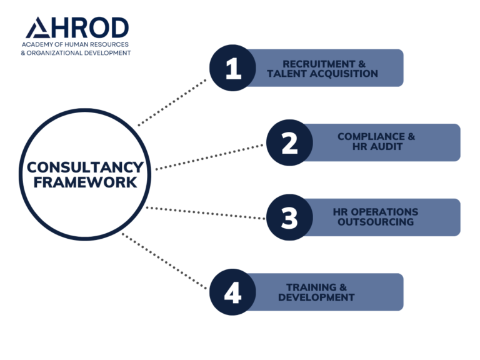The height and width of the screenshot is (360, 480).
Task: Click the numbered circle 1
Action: pos(232,68)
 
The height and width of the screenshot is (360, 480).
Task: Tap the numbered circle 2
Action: pos(289,142)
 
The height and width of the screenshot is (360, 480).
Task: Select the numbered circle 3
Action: pos(289,217)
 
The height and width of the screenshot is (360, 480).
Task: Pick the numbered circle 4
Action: pos(232,292)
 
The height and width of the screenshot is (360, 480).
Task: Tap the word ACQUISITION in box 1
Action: pos(346,74)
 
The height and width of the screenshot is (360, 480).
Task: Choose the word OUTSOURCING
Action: pos(376,222)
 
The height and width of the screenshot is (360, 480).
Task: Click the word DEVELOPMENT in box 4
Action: pos(316,297)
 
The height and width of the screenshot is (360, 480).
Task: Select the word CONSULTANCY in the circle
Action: pos(85,168)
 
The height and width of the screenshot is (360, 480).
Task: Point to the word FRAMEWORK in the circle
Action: pos(85,182)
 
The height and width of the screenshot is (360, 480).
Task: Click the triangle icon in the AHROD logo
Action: pos(36,29)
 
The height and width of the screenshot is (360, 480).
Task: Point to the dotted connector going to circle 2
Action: pos(209,157)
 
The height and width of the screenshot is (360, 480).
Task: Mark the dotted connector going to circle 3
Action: pos(206,213)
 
